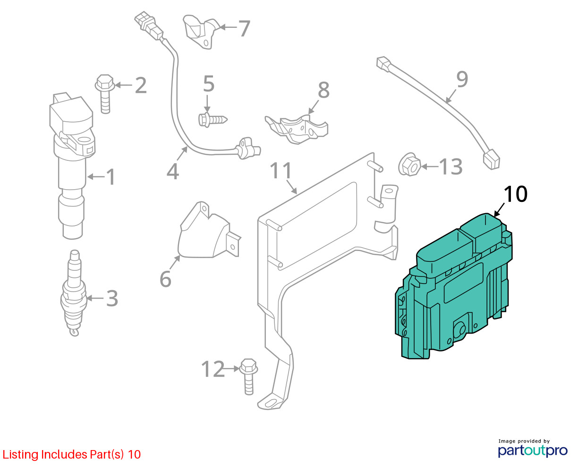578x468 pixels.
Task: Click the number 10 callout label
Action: pyautogui.click(x=515, y=194)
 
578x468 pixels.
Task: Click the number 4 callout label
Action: pyautogui.click(x=173, y=171)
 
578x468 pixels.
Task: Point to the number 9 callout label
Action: pyautogui.click(x=462, y=79)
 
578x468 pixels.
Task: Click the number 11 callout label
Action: pyautogui.click(x=281, y=171)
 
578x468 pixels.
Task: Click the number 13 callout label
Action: pyautogui.click(x=450, y=167)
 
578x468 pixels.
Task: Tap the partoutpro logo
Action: pyautogui.click(x=533, y=450)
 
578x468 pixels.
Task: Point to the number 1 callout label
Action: pyautogui.click(x=110, y=177)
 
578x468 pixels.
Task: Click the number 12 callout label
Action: pyautogui.click(x=213, y=369)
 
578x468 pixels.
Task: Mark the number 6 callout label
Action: pyautogui.click(x=165, y=279)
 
